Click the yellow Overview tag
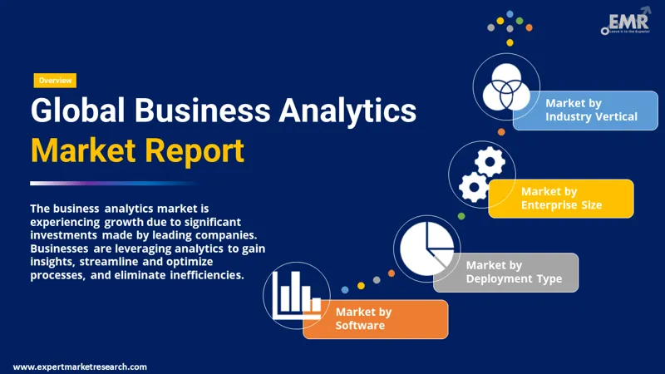coord(55,81)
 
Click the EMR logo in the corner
coord(624,22)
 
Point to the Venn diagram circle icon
coord(507,87)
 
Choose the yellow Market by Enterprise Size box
coord(561,199)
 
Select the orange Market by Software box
coord(376,319)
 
